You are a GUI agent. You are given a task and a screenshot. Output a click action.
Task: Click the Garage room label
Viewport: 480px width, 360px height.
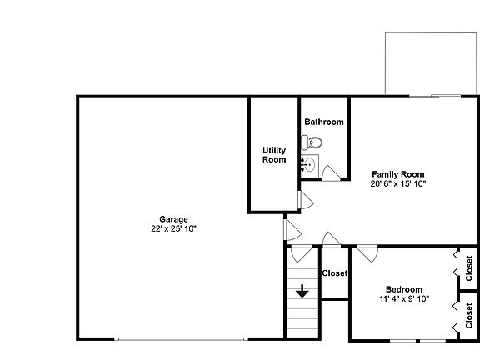[173, 219]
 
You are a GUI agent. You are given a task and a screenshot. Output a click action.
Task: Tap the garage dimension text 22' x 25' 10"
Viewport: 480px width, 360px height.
[173, 228]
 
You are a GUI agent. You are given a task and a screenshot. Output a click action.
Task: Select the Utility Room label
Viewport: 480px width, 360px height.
[274, 155]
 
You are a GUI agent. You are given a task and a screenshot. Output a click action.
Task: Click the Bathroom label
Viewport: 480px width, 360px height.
[324, 122]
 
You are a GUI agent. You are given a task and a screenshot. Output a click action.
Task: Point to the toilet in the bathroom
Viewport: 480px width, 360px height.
[312, 142]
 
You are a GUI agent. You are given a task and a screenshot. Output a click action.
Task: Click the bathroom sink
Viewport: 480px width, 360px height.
[309, 166]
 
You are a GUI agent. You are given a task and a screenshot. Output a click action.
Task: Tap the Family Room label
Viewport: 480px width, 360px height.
[398, 174]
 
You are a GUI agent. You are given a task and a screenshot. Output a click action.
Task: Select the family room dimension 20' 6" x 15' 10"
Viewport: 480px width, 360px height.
[398, 183]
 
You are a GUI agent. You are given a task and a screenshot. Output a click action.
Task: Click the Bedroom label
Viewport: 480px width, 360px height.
[404, 289]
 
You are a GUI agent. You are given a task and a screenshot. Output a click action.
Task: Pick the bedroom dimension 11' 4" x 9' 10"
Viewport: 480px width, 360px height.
[404, 298]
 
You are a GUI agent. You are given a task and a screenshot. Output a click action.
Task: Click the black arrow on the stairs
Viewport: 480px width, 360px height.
[302, 291]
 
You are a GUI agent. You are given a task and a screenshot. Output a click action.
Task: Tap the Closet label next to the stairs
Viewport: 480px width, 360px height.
[335, 273]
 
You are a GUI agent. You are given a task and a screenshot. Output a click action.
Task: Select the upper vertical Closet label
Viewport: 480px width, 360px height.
[469, 268]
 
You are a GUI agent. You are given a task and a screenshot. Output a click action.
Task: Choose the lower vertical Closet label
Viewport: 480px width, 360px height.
[469, 316]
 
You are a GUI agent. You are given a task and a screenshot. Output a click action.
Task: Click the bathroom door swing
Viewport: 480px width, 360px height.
[331, 172]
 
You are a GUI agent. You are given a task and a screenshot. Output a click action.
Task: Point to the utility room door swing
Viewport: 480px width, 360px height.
[306, 200]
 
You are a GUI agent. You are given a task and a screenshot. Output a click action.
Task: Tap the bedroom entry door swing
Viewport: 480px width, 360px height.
[367, 254]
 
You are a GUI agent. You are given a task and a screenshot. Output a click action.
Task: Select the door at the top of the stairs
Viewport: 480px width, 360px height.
[302, 254]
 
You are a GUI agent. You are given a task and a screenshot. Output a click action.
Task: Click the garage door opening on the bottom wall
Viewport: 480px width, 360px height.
[181, 339]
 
